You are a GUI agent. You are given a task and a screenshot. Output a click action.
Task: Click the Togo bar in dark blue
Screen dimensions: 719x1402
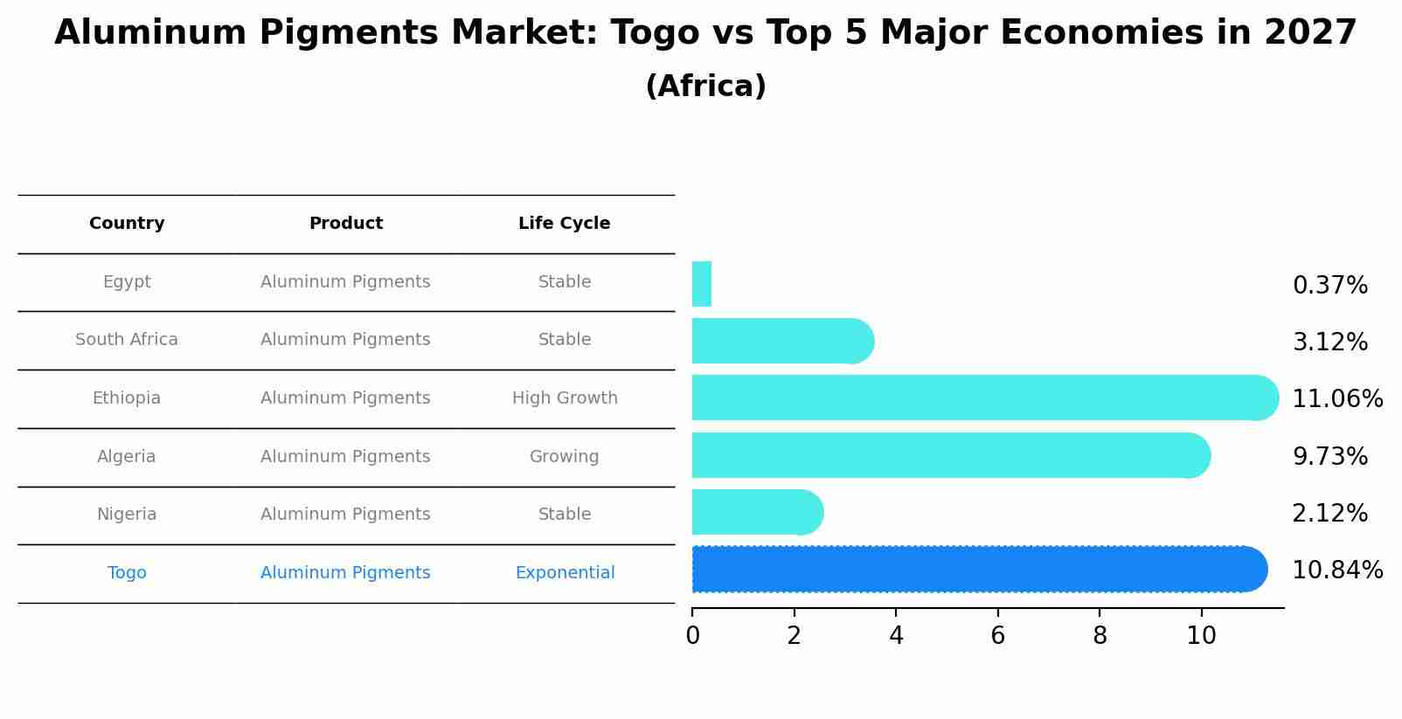[x=979, y=570]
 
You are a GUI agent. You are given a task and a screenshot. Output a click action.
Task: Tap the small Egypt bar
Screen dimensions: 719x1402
[x=702, y=284]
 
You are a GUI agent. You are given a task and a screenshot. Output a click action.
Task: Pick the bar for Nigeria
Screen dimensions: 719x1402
[x=757, y=512]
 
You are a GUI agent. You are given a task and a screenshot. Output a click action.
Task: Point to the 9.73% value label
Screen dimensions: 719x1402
[x=1329, y=456]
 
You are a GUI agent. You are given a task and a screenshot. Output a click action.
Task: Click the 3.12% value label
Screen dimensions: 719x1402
[x=1329, y=342]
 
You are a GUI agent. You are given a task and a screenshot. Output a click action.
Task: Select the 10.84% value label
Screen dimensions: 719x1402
[x=1336, y=570]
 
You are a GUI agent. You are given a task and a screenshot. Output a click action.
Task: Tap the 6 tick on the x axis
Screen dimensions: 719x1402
[x=997, y=636]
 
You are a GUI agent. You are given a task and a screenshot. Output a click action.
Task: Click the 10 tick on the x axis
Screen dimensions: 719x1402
[x=1201, y=636]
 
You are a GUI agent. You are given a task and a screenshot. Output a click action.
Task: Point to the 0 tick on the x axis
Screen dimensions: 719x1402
[x=692, y=636]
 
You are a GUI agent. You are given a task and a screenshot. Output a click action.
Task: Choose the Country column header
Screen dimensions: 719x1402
[x=127, y=224]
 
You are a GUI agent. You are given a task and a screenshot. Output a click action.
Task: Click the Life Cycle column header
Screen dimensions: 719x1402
[x=564, y=224]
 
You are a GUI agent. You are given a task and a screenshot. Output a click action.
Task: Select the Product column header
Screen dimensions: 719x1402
[x=346, y=224]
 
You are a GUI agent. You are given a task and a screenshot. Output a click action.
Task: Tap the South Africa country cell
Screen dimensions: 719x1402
[x=127, y=340]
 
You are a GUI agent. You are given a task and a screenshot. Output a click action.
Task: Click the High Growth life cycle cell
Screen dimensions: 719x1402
[x=565, y=398]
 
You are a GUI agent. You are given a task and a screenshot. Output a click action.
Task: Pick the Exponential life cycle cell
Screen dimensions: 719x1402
[x=565, y=573]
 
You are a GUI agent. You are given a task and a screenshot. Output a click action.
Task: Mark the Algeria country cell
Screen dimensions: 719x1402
[x=127, y=457]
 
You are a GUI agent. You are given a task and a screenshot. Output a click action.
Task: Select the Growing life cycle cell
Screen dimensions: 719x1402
[x=564, y=457]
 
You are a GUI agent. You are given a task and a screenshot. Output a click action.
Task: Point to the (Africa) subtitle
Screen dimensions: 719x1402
[x=705, y=86]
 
